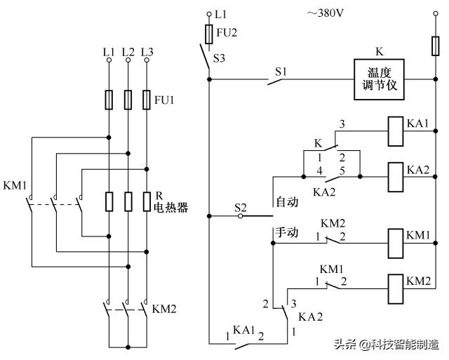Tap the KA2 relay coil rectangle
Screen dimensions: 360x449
point(394,171)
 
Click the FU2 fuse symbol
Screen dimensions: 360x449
point(208,34)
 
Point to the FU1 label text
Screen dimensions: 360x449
point(164,100)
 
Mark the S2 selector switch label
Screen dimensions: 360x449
point(241,207)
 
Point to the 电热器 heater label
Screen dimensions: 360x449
point(171,208)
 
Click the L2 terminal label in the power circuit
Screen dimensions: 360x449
point(127,52)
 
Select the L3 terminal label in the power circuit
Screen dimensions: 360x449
point(146,52)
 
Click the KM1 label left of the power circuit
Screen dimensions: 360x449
point(15,186)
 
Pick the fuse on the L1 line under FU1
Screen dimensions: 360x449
point(109,99)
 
